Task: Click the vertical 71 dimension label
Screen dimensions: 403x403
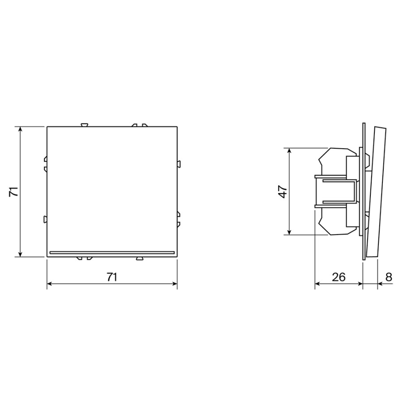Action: pyautogui.click(x=13, y=192)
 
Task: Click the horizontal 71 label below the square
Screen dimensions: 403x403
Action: pyautogui.click(x=112, y=277)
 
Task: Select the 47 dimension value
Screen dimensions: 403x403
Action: pyautogui.click(x=283, y=192)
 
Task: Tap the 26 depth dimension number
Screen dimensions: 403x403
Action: pyautogui.click(x=339, y=277)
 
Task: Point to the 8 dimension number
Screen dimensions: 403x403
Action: pyautogui.click(x=389, y=277)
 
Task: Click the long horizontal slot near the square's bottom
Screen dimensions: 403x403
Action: pyautogui.click(x=112, y=253)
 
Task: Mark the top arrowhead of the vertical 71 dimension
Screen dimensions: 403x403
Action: pyautogui.click(x=21, y=129)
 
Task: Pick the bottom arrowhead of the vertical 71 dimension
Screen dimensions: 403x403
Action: pyautogui.click(x=21, y=254)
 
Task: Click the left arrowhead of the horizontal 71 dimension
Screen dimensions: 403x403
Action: pyautogui.click(x=50, y=284)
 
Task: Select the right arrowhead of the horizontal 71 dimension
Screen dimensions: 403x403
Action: pyautogui.click(x=174, y=284)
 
